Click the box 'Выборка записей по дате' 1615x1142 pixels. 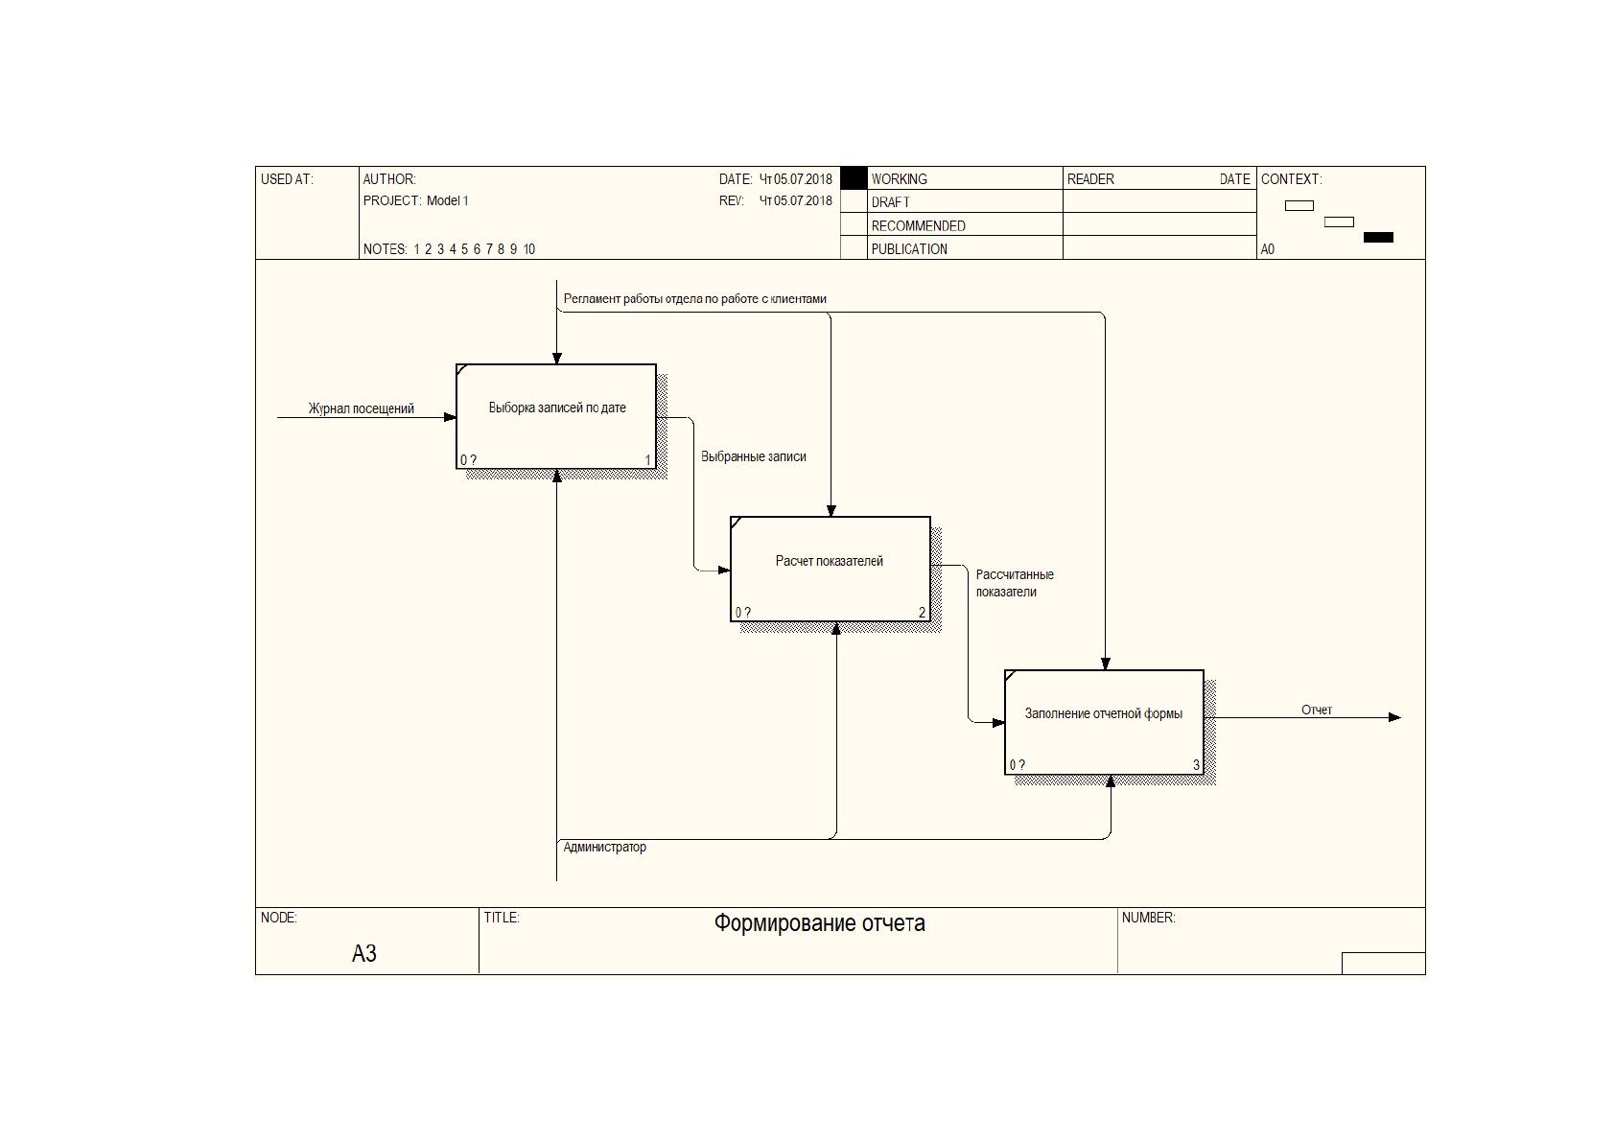pyautogui.click(x=556, y=417)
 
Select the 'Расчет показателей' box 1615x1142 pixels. pyautogui.click(x=830, y=569)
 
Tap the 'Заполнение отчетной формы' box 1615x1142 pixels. pyautogui.click(x=1104, y=722)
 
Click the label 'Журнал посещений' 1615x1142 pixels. pyautogui.click(x=362, y=408)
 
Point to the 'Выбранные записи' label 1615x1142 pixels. pyautogui.click(x=754, y=456)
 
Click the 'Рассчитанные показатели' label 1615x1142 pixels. pyautogui.click(x=1015, y=583)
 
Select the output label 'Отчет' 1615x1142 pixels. pyautogui.click(x=1317, y=711)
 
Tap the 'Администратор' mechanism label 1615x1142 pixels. pyautogui.click(x=604, y=847)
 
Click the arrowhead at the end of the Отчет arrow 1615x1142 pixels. pyautogui.click(x=1394, y=717)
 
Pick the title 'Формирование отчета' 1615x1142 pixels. pyautogui.click(x=819, y=923)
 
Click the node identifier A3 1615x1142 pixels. pyautogui.click(x=364, y=954)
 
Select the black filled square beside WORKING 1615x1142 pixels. pyautogui.click(x=854, y=178)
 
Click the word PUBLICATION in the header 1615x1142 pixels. pyautogui.click(x=909, y=249)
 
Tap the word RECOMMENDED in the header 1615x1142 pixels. pyautogui.click(x=918, y=226)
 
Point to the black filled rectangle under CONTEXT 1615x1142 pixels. pyautogui.click(x=1378, y=237)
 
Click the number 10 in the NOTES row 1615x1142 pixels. pyautogui.click(x=529, y=249)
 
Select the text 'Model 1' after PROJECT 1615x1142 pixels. pyautogui.click(x=447, y=200)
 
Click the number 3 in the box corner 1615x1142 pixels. pyautogui.click(x=1196, y=765)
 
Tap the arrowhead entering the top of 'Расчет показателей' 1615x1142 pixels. pyautogui.click(x=831, y=511)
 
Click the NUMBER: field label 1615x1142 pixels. pyautogui.click(x=1148, y=918)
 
